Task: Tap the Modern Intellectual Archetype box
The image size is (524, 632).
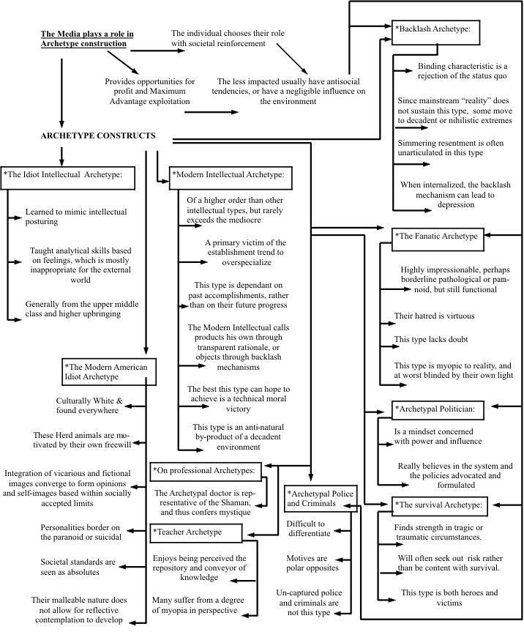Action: (231, 176)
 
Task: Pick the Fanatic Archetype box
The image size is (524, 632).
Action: (436, 236)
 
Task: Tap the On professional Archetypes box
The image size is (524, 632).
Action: (207, 469)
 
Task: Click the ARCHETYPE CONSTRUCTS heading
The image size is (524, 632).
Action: (99, 135)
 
